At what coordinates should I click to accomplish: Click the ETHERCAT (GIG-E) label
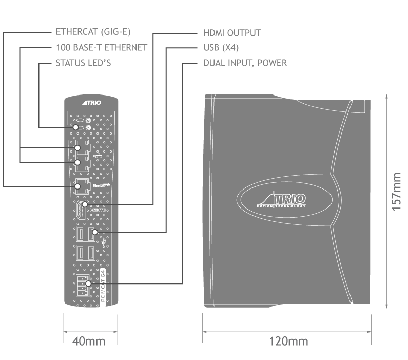tap(93, 32)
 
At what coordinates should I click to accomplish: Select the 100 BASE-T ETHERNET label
tap(101, 48)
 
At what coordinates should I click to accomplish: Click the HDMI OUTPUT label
tap(232, 33)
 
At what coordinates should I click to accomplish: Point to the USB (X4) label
tap(221, 48)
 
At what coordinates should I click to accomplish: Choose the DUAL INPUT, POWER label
tap(245, 64)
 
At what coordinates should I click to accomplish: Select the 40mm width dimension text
tap(90, 341)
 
